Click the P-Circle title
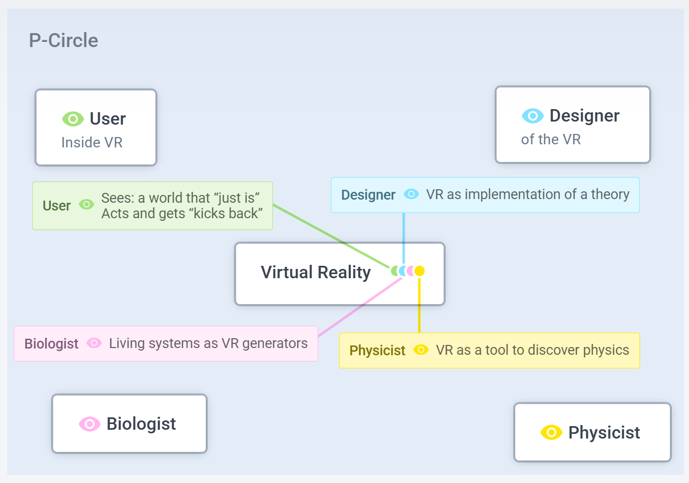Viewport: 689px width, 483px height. coord(63,40)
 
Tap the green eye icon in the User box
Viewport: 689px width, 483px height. coord(73,119)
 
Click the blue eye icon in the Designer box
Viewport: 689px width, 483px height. coord(532,116)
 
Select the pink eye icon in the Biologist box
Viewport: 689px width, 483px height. coord(89,424)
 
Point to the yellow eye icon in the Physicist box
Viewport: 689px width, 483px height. coord(551,432)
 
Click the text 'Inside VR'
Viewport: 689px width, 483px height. coord(92,142)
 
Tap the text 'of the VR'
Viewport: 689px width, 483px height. coord(551,139)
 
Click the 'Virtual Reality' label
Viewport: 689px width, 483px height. coord(315,272)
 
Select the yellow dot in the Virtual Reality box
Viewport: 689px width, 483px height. coord(420,270)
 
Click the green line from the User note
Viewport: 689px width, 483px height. coord(331,236)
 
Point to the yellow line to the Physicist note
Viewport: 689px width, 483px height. coord(419,305)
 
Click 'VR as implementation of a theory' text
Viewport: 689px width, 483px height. coord(527,194)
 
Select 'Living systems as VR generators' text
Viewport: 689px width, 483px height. coord(208,343)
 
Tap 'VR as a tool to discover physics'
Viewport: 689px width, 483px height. coord(532,350)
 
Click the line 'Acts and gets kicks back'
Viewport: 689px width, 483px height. coord(182,214)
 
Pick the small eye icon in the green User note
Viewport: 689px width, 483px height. coord(86,205)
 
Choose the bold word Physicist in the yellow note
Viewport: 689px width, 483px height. coord(377,351)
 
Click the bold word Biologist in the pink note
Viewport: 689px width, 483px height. coord(51,344)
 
